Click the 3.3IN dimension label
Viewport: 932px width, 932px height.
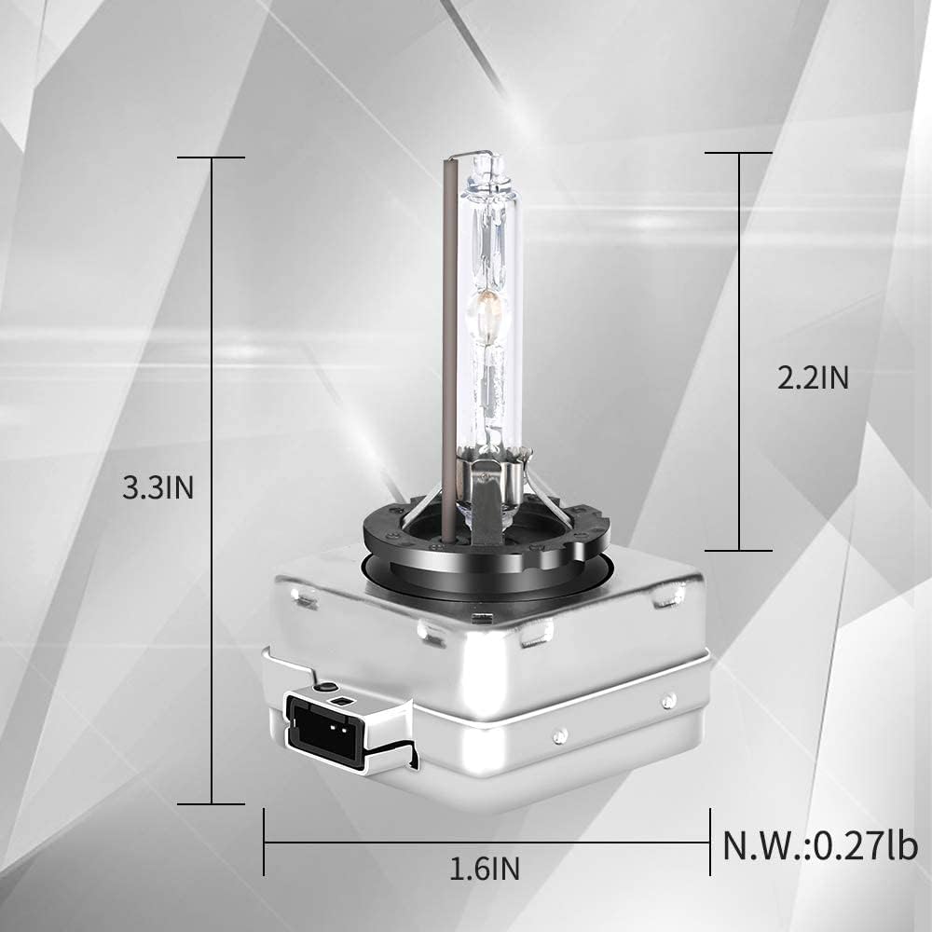click(x=158, y=488)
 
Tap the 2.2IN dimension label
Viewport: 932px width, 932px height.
click(x=813, y=377)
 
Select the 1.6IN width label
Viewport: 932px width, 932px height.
click(x=485, y=870)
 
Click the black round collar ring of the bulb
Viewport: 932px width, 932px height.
click(x=485, y=541)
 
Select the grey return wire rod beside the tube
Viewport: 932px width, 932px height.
click(x=448, y=354)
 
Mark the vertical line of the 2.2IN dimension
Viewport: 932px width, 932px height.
click(x=739, y=280)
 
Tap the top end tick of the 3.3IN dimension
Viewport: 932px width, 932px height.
click(x=212, y=158)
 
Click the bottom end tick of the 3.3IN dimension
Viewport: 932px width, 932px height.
click(x=212, y=803)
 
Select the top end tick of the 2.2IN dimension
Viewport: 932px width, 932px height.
click(x=739, y=152)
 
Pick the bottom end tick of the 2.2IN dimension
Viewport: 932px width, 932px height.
click(x=739, y=550)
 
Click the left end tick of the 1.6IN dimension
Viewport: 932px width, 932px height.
click(x=265, y=843)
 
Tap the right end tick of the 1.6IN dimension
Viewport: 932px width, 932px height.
click(x=709, y=843)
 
